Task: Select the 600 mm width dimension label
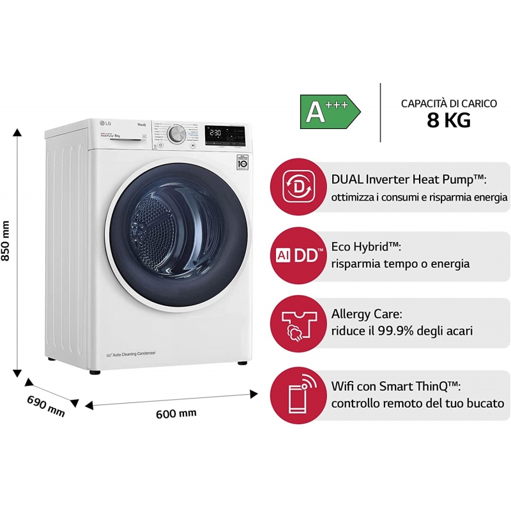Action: tap(176, 413)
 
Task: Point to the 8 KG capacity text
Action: tap(448, 119)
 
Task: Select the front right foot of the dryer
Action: tap(242, 363)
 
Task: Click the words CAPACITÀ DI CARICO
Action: tap(448, 103)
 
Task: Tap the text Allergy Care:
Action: tap(367, 314)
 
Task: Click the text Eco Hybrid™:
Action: tap(367, 247)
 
